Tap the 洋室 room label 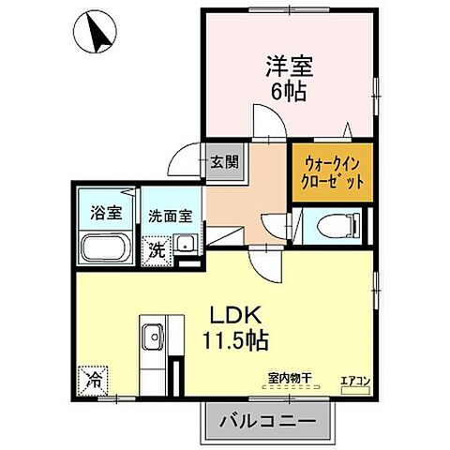coord(289,68)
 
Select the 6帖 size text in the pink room coord(289,92)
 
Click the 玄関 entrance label coord(224,161)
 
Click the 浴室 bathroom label coord(106,211)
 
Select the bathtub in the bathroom coord(106,249)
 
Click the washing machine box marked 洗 coord(156,251)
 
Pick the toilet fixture coord(333,226)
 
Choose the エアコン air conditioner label coord(354,379)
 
